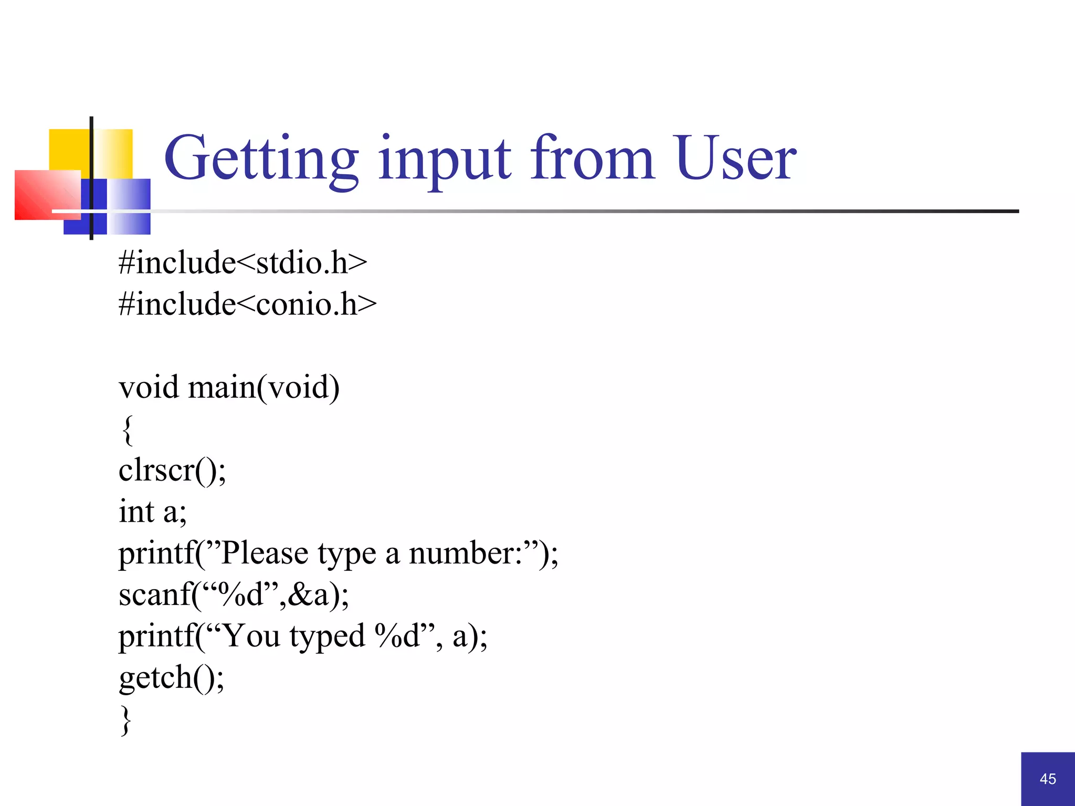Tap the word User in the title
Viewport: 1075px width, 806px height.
736,157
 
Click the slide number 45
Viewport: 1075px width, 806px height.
1048,779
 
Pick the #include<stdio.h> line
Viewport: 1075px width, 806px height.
243,262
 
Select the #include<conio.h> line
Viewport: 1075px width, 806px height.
247,304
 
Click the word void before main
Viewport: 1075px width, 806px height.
149,387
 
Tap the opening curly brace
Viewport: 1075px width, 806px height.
128,429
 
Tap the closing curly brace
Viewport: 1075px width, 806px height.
126,719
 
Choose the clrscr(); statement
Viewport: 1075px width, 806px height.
172,470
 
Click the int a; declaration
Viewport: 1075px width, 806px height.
152,512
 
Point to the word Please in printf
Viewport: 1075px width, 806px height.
265,554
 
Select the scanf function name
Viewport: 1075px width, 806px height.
154,595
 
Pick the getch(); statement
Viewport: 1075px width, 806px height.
171,678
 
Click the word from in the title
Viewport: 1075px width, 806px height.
592,157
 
